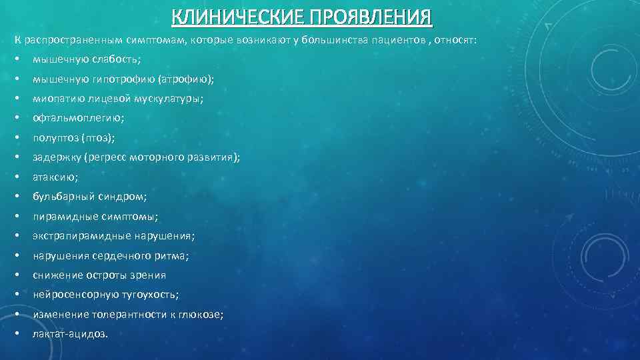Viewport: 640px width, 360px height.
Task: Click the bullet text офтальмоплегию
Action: (77, 118)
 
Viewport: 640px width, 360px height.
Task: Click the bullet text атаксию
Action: (55, 177)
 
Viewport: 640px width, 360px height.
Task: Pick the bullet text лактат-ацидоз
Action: (69, 334)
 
